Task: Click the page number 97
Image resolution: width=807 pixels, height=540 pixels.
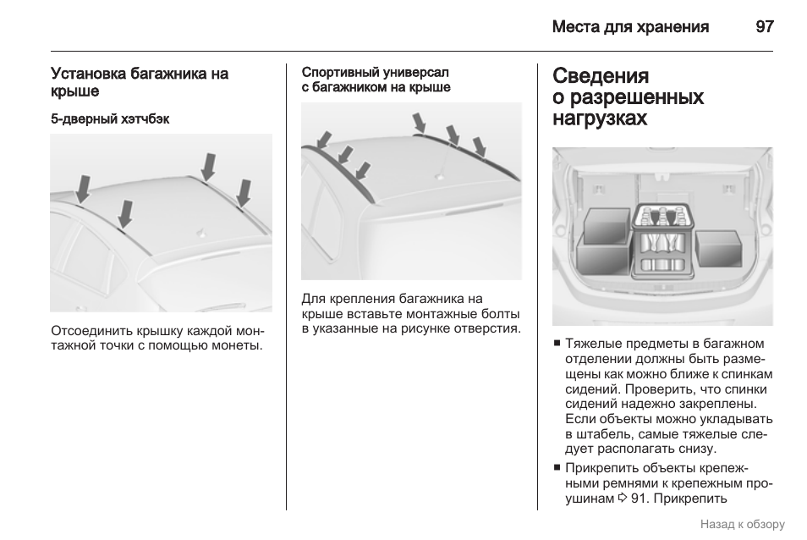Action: point(764,26)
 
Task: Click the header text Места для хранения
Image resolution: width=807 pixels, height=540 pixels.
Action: point(630,26)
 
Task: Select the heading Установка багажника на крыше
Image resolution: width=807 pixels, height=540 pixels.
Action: point(140,82)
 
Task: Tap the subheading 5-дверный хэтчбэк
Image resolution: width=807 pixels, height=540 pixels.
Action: point(110,119)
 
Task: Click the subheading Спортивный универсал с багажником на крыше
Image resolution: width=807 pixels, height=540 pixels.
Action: point(376,80)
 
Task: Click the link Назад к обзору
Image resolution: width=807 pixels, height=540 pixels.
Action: point(742,524)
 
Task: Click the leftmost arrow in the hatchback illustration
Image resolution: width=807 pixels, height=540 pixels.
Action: point(83,188)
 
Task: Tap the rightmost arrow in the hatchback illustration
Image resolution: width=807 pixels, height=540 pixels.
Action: point(244,193)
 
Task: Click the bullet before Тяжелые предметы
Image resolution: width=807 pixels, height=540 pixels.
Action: point(557,344)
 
